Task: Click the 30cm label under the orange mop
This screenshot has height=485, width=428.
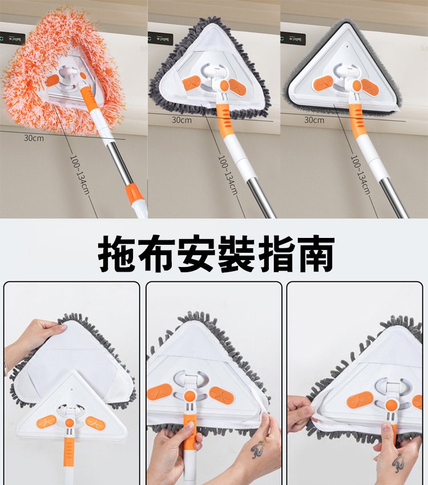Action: point(34,138)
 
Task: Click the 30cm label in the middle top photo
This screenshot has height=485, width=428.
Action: point(181,120)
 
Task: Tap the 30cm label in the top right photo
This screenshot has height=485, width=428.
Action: point(314,120)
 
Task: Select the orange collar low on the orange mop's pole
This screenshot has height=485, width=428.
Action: point(134,192)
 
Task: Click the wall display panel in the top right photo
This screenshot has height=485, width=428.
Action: point(293,39)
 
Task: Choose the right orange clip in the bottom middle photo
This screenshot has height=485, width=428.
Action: point(220,393)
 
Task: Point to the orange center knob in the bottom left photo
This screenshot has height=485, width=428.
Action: point(70,422)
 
